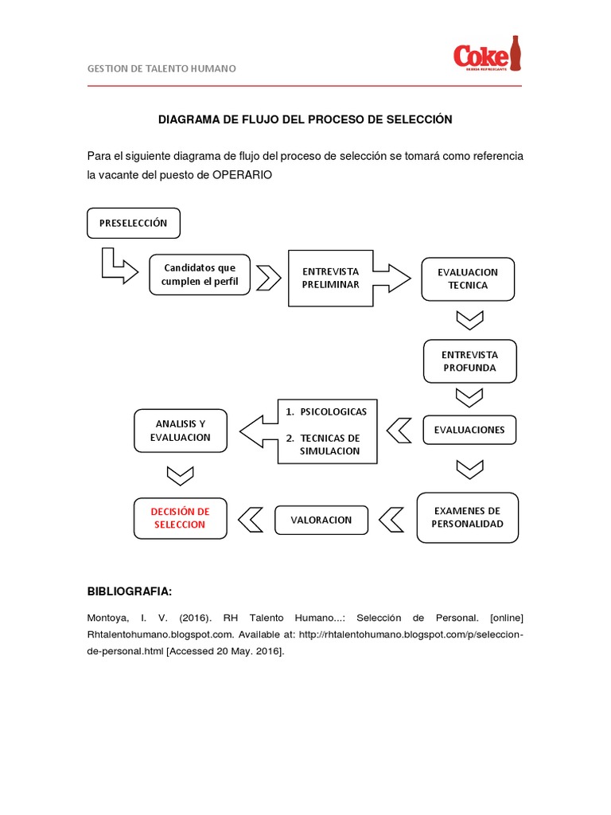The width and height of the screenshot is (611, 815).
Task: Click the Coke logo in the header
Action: (487, 55)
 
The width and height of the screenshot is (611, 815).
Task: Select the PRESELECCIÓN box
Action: (133, 224)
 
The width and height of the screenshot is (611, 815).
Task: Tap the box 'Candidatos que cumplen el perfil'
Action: (199, 275)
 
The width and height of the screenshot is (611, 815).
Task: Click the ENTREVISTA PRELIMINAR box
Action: (330, 278)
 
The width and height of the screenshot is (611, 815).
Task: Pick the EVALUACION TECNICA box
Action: (468, 279)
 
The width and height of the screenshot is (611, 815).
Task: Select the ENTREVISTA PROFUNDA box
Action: (470, 361)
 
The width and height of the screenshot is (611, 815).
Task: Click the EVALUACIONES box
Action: (469, 430)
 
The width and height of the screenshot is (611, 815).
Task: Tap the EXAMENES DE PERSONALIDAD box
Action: (467, 517)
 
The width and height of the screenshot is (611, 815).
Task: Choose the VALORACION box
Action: (321, 520)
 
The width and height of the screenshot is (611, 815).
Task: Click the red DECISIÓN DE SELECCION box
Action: (181, 518)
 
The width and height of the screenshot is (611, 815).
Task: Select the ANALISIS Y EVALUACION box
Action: (181, 431)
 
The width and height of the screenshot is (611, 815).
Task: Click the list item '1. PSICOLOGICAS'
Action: (326, 411)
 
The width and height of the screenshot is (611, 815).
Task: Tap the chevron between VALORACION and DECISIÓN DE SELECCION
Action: (251, 520)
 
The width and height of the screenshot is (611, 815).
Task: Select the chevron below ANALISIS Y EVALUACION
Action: (181, 474)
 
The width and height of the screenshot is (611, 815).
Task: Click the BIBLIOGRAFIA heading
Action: (129, 591)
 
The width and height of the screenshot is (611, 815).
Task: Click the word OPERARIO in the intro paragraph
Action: (243, 175)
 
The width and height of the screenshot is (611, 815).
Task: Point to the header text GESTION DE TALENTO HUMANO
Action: (162, 68)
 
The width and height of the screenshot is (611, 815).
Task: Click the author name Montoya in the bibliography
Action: (107, 618)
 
